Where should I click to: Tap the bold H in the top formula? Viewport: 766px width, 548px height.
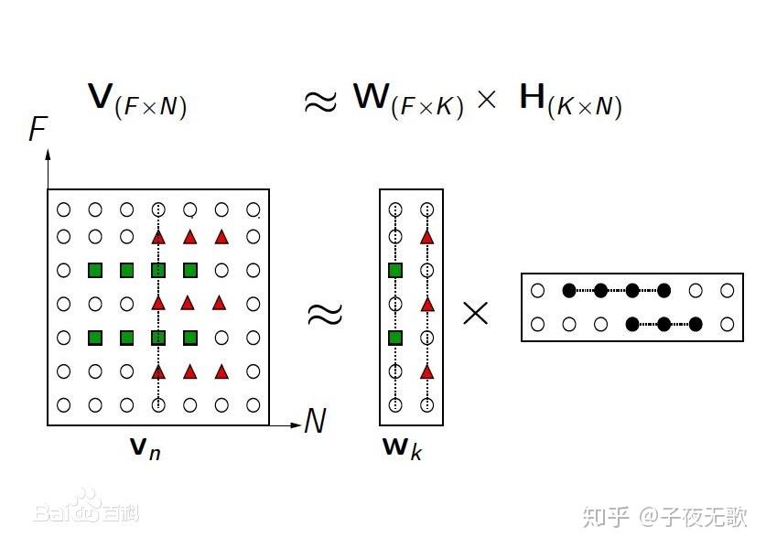533,98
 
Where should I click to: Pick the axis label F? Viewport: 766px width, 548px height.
38,130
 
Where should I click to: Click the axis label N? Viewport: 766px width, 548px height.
315,422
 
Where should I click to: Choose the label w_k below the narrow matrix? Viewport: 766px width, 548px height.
402,448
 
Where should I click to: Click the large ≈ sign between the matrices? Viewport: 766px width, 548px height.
324,314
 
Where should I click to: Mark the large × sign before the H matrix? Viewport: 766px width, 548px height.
476,314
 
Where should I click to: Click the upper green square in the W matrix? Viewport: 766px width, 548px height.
395,271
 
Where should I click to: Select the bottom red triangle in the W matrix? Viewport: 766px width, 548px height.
426,371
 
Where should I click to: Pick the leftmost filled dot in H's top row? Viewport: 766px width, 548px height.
568,291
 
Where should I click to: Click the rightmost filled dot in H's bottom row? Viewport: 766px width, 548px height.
696,323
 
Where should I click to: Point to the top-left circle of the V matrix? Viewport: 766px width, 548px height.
63,209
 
